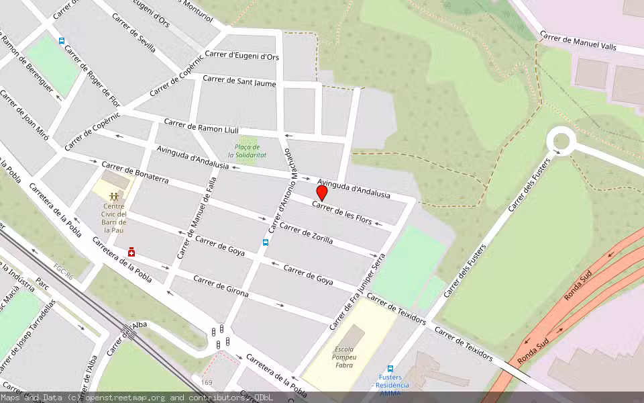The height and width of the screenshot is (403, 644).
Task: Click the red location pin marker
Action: (x=322, y=193)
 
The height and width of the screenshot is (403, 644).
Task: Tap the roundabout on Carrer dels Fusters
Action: (x=561, y=141)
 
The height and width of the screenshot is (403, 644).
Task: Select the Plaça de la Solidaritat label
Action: (x=250, y=151)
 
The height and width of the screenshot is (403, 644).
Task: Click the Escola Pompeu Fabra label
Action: (x=344, y=358)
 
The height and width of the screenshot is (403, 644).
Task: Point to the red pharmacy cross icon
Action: (x=131, y=252)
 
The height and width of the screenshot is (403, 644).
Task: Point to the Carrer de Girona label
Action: (x=221, y=286)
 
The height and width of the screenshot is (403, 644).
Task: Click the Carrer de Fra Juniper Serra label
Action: (x=358, y=292)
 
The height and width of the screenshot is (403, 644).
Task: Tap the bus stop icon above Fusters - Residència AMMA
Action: (x=390, y=368)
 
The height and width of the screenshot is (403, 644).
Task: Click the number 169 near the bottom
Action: (x=207, y=382)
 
